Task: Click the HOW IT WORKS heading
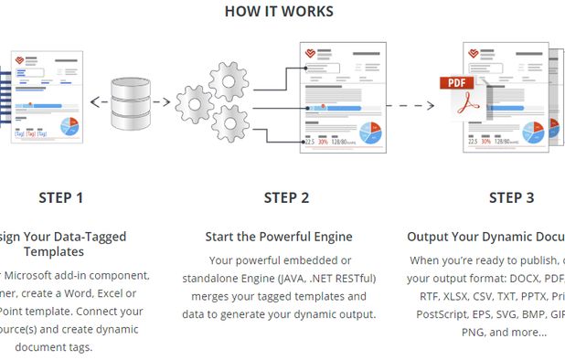click(279, 12)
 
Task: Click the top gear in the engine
click(229, 81)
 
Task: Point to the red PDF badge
click(457, 84)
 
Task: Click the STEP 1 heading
click(61, 197)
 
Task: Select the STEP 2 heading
click(286, 197)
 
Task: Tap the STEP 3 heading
click(512, 197)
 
